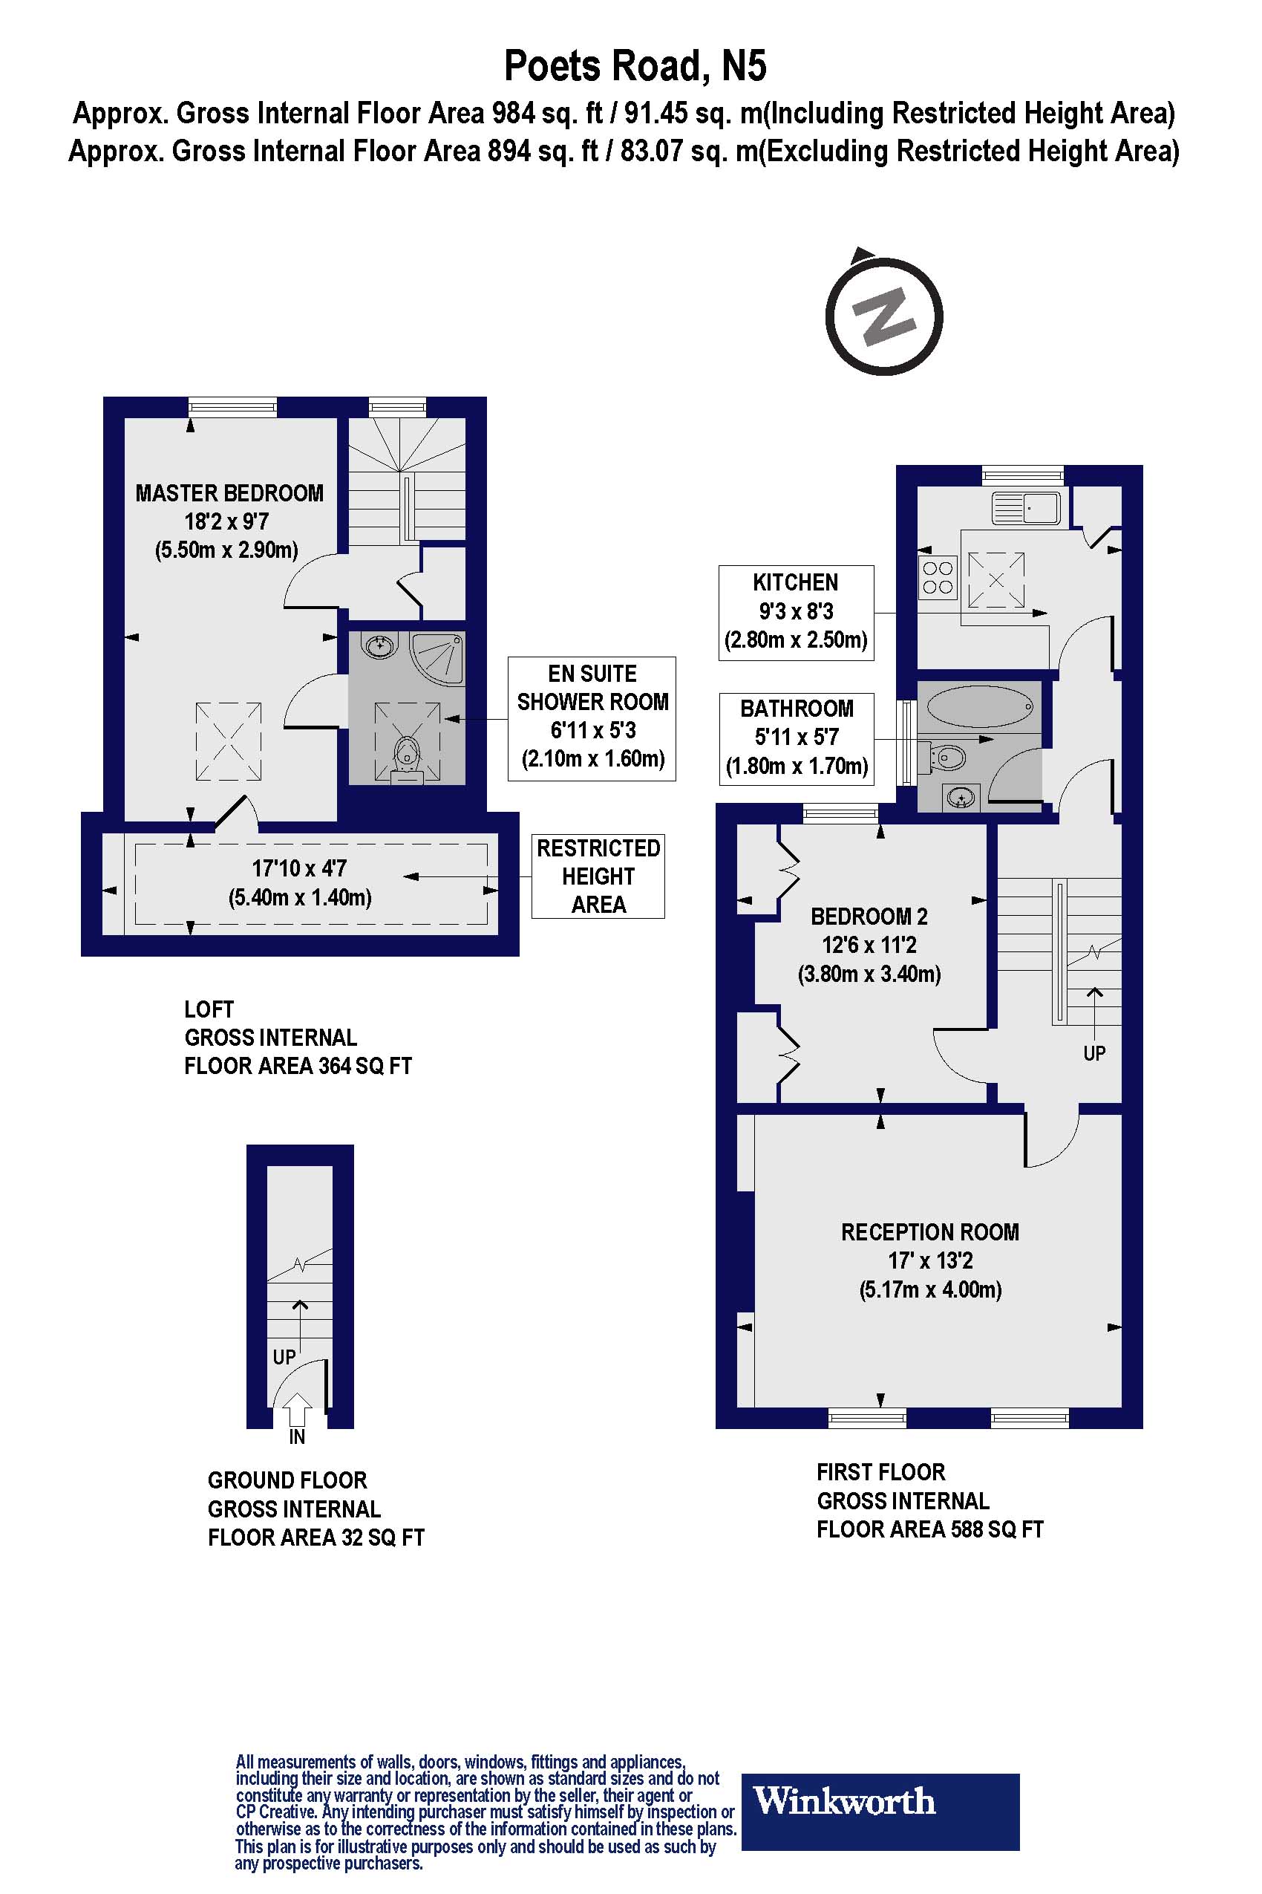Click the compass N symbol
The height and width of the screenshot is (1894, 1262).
point(883,315)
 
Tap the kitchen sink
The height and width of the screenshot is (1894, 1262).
point(1026,508)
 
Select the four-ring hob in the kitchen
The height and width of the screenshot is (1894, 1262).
point(938,577)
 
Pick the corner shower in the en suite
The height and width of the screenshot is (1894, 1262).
point(438,659)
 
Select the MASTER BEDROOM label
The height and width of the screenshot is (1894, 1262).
point(229,493)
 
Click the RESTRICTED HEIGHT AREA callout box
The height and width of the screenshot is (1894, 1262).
point(598,876)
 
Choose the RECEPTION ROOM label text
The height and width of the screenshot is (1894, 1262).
point(929,1232)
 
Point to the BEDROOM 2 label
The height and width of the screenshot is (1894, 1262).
point(869,917)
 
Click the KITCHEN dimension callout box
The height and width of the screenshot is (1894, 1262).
point(796,613)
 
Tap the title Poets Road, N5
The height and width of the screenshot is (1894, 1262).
point(635,66)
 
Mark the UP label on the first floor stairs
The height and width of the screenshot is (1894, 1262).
point(1093,1053)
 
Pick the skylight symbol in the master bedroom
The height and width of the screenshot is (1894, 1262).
point(229,741)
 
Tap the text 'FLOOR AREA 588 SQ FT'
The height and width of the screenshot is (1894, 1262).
point(929,1529)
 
